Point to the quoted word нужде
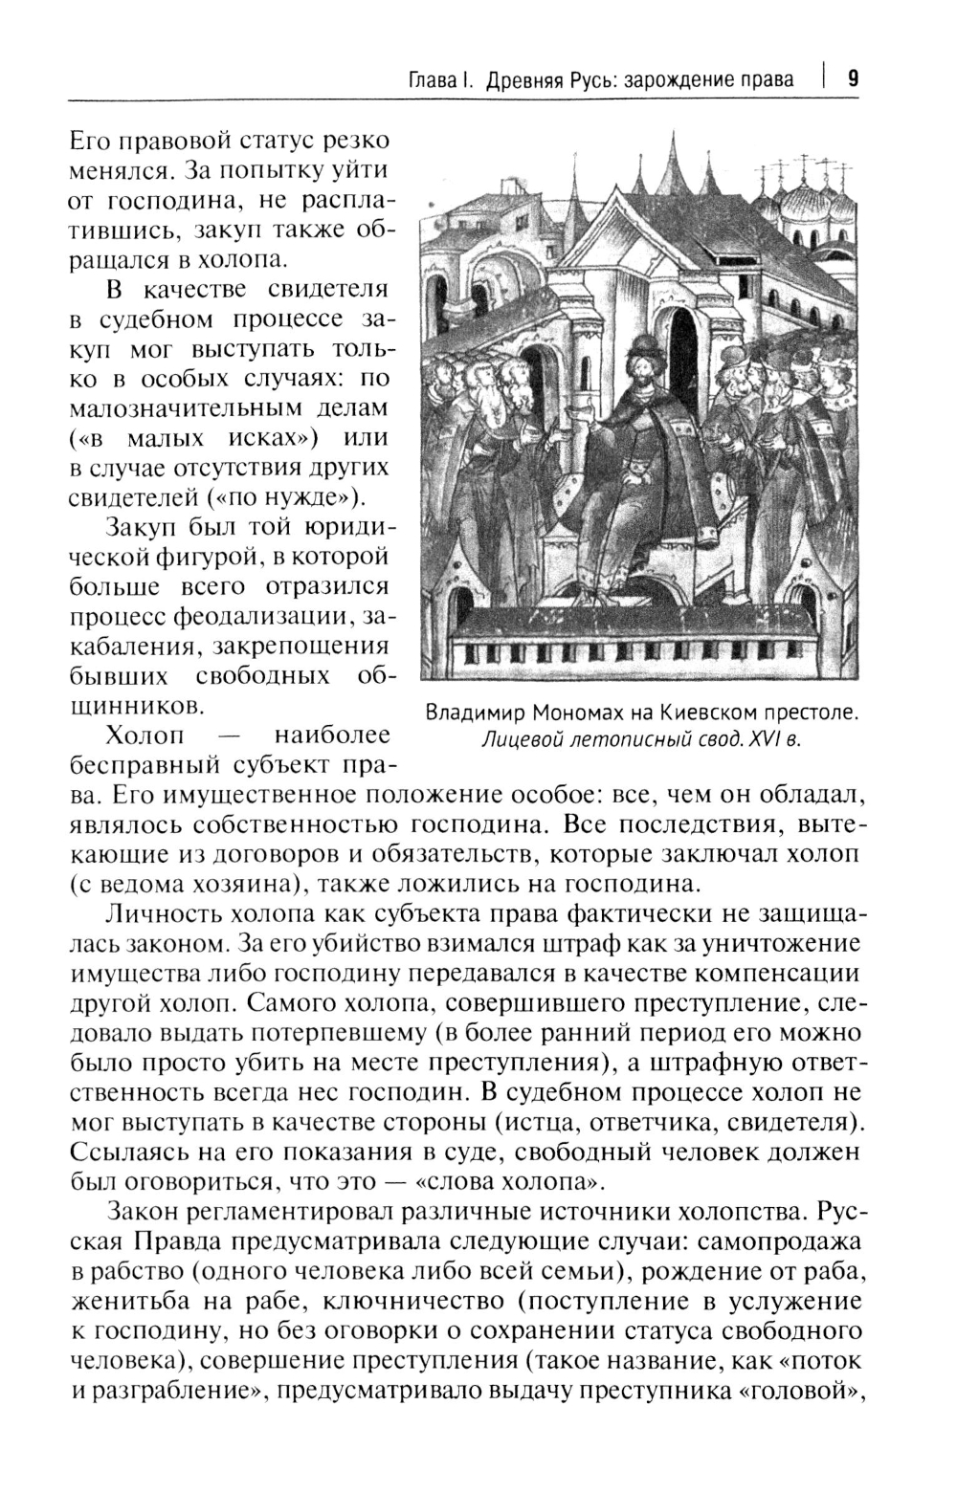point(325,498)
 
